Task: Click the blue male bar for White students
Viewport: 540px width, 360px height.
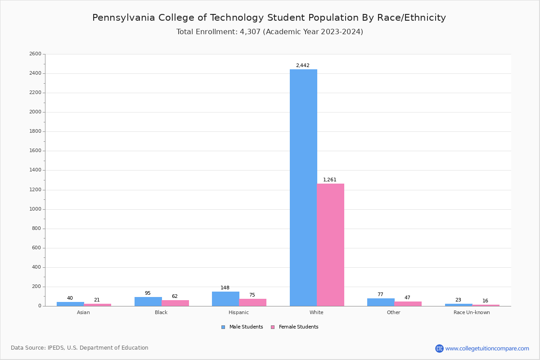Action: click(x=303, y=188)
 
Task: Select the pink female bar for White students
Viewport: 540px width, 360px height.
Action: click(x=330, y=245)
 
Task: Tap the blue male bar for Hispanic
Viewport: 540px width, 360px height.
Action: click(x=225, y=299)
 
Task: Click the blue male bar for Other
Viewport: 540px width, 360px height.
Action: click(x=381, y=302)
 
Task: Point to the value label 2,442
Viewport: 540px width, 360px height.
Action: click(x=302, y=66)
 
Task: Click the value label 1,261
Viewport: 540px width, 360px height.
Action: click(x=330, y=180)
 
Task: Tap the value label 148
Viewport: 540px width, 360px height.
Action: click(x=225, y=288)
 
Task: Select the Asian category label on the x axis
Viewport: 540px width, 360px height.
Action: click(x=83, y=312)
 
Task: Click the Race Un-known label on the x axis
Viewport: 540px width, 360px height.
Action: click(x=472, y=312)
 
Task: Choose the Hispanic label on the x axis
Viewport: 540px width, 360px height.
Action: click(x=238, y=312)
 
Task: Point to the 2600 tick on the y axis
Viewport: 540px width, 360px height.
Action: click(x=35, y=54)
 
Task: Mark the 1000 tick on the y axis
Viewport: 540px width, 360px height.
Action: click(x=35, y=209)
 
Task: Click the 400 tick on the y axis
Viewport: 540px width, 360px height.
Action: click(x=36, y=267)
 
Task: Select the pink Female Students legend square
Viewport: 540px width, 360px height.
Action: click(x=273, y=327)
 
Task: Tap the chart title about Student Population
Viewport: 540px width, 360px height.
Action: click(x=269, y=18)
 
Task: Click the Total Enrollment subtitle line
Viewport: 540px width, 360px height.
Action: click(x=270, y=32)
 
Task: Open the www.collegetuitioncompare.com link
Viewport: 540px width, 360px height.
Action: click(x=487, y=348)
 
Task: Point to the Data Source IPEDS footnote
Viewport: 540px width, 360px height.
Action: click(x=80, y=348)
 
